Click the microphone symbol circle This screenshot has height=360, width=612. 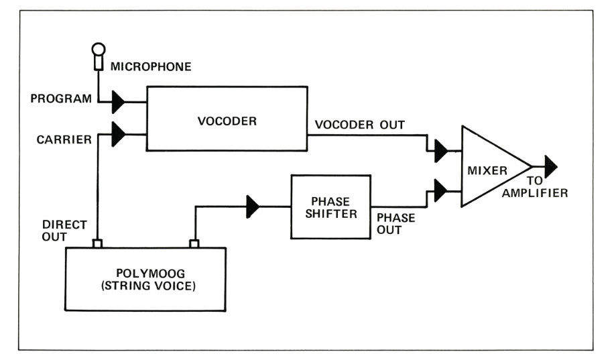pyautogui.click(x=99, y=50)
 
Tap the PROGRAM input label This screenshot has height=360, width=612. pyautogui.click(x=61, y=99)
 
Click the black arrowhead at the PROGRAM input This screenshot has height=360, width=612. pyautogui.click(x=119, y=102)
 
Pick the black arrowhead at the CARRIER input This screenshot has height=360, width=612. pyautogui.click(x=119, y=133)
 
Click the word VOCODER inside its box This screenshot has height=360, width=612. pyautogui.click(x=228, y=121)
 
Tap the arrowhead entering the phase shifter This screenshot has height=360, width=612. pyautogui.click(x=253, y=206)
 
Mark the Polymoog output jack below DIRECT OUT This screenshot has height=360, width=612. pyautogui.click(x=97, y=244)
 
